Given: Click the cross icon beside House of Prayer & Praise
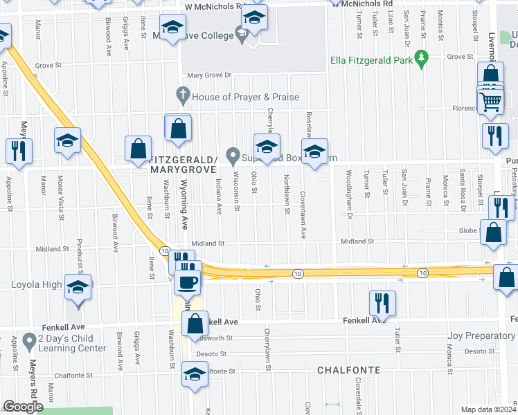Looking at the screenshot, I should click(183, 95).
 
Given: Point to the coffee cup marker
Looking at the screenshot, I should click(188, 281).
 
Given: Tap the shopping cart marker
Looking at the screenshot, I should click(491, 103).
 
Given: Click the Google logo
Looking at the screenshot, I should click(23, 407).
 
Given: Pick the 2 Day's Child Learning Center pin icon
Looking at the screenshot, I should click(29, 340).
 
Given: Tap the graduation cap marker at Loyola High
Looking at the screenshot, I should click(78, 286).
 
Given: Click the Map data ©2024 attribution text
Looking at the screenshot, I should click(488, 409).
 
